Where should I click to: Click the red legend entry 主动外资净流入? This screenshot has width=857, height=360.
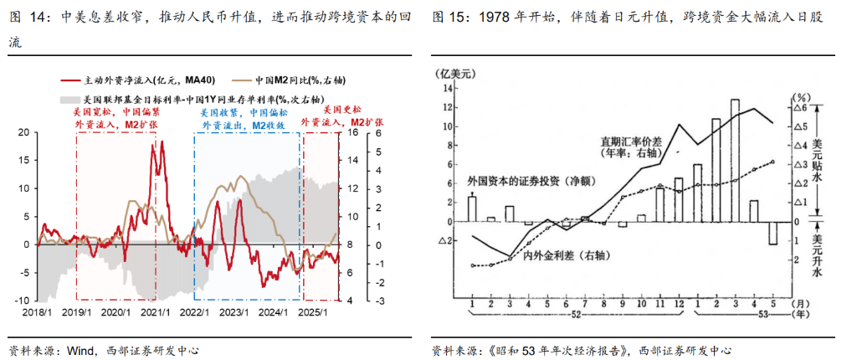click(138, 80)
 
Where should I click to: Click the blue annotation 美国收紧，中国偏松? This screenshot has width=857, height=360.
click(242, 112)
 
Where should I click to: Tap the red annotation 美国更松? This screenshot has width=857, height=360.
click(343, 110)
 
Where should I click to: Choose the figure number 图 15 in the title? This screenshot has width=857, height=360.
click(453, 17)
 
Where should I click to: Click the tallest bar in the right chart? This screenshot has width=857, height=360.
click(735, 160)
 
